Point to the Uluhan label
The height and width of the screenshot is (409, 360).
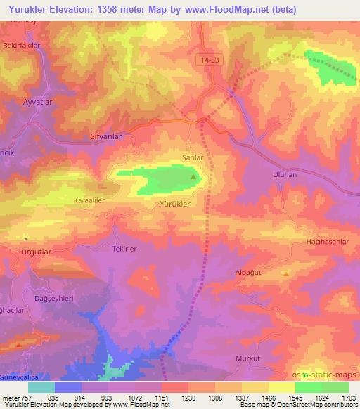pos(264,172)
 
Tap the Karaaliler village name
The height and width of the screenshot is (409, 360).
pos(89,200)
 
